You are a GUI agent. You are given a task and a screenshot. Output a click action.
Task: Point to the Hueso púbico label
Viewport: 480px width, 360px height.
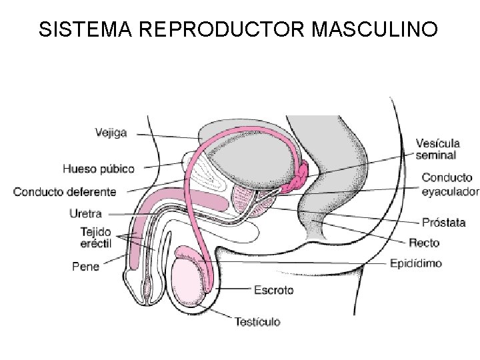99,168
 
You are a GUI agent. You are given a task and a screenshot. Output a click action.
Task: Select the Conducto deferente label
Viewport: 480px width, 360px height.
65,192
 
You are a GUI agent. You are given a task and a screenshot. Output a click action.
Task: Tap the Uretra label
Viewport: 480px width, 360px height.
85,214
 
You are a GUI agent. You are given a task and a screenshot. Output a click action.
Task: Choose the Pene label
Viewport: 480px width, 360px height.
86,267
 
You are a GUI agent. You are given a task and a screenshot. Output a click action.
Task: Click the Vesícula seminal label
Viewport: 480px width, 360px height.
437,149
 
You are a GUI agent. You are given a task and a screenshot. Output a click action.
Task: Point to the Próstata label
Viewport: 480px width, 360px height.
443,223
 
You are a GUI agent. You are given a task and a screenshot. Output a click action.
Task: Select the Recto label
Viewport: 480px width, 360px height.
424,243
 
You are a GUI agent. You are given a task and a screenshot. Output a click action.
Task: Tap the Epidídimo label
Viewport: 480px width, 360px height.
415,263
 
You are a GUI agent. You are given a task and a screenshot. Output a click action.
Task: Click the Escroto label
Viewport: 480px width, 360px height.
273,290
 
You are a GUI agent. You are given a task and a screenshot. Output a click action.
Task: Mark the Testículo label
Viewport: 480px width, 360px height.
257,322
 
